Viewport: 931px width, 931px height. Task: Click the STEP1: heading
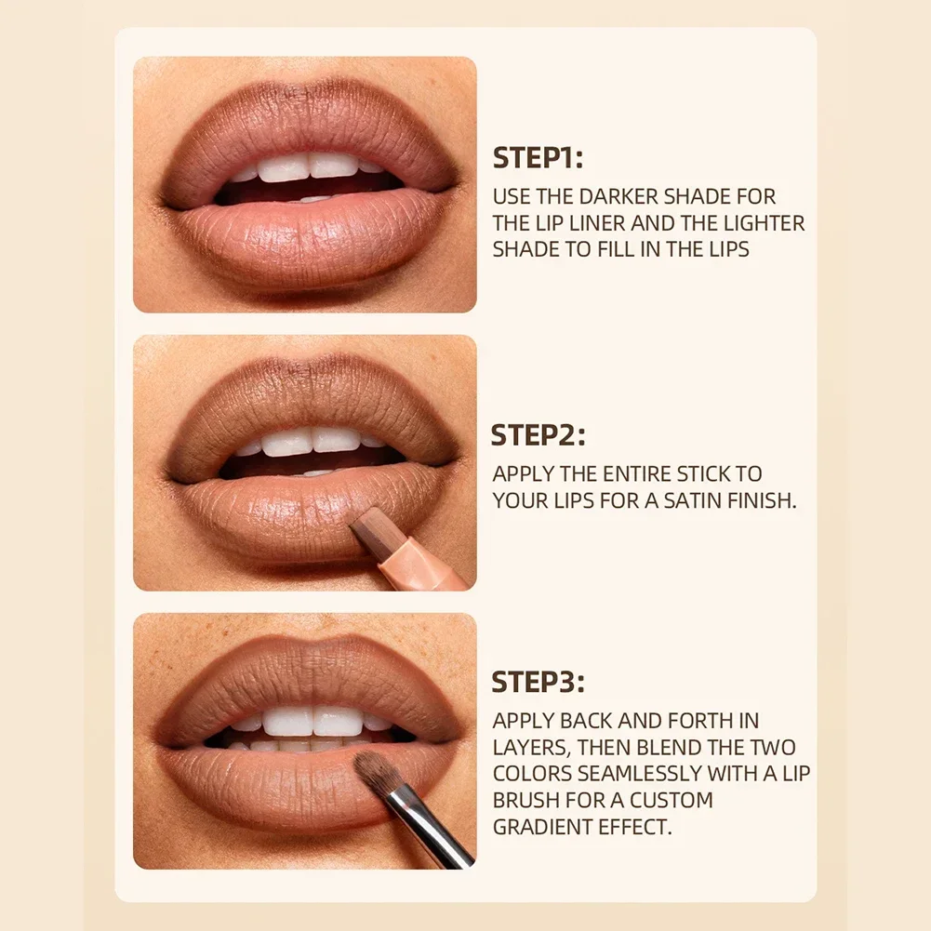(538, 158)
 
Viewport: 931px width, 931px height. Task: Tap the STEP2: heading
(538, 435)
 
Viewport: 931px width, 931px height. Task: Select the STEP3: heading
(538, 682)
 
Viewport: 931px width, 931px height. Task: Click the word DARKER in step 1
(618, 196)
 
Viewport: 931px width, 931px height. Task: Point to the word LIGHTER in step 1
(765, 223)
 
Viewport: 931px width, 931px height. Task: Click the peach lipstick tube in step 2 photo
(416, 558)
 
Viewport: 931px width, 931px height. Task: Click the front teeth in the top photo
(309, 166)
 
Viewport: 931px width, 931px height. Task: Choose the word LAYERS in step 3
(532, 747)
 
